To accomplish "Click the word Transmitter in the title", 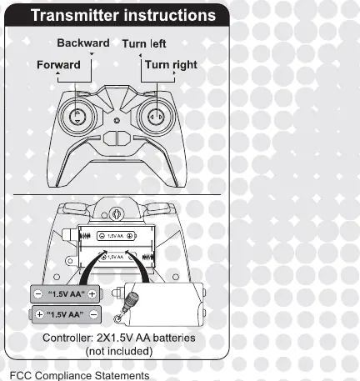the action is [x=75, y=15].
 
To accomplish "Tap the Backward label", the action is [x=83, y=43].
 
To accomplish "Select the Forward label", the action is [x=58, y=65].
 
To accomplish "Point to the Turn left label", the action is [x=144, y=44].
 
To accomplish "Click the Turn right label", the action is [x=171, y=65].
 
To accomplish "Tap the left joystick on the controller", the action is [x=77, y=117].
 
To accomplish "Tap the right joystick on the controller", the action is [x=157, y=117].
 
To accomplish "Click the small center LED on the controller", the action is [x=117, y=120].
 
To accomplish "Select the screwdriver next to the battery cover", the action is [x=126, y=306].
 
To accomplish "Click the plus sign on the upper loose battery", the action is [x=92, y=294].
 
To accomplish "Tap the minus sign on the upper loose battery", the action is [x=37, y=294].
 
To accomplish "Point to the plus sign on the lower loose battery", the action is [x=40, y=314].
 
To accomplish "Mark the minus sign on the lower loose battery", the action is [x=94, y=314].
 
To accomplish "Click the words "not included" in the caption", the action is [x=119, y=351].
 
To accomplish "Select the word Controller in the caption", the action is [x=67, y=338].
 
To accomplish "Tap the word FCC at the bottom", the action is [x=21, y=375].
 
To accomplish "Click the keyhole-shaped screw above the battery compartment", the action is [x=116, y=213].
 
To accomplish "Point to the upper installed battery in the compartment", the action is [x=117, y=236].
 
